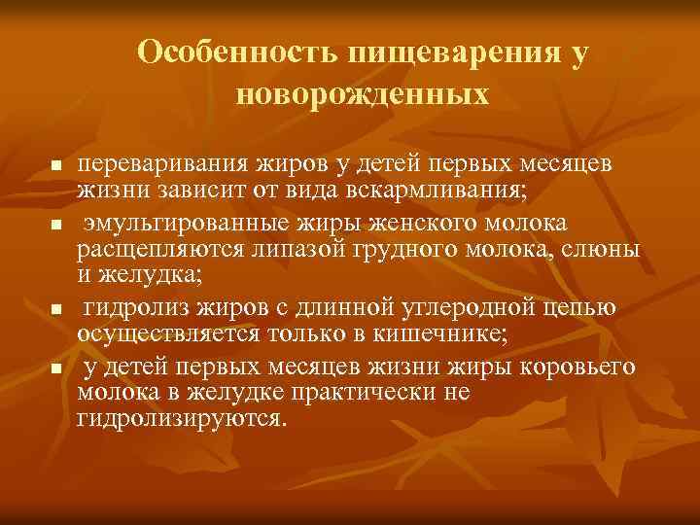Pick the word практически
348,391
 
